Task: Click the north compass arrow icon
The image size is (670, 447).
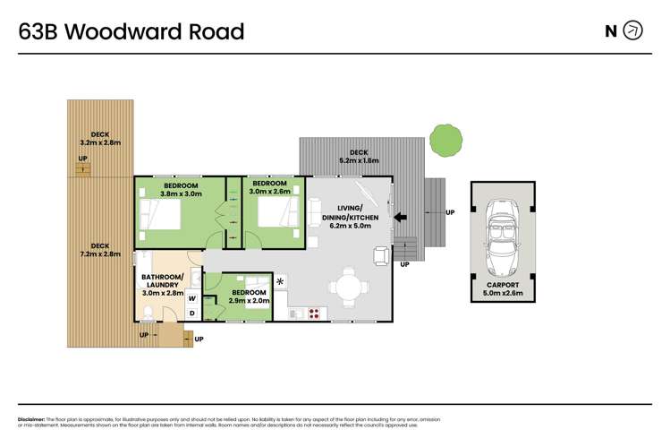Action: (x=632, y=31)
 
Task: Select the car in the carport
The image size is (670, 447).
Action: (x=502, y=239)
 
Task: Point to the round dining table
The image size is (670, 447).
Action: (x=350, y=288)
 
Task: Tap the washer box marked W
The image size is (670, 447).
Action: (x=192, y=297)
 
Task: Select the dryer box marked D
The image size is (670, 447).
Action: (x=192, y=313)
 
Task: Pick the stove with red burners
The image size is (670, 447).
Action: (x=315, y=313)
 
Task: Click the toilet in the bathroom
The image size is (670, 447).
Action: (x=148, y=312)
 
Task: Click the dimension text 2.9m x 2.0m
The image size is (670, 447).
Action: (x=248, y=301)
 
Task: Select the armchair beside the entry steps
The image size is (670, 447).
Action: (x=380, y=256)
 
